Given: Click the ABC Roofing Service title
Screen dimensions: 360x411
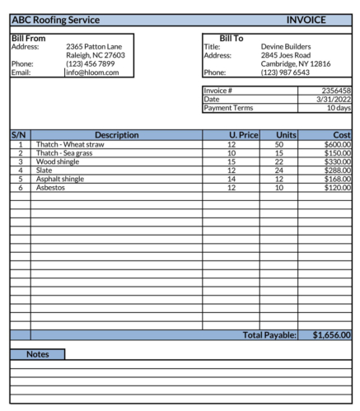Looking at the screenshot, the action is [x=55, y=20].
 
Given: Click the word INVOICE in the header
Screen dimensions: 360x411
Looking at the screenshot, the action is [x=306, y=20].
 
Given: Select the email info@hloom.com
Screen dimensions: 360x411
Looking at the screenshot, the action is [x=92, y=72].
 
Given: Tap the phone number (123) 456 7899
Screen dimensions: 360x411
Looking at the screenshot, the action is [x=92, y=64].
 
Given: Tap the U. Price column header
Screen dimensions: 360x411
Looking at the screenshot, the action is [x=244, y=135].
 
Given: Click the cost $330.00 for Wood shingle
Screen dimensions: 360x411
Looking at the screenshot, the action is [x=337, y=161].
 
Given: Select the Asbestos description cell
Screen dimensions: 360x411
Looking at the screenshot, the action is [x=49, y=187].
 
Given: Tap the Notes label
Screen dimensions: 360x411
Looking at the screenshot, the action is [x=38, y=354].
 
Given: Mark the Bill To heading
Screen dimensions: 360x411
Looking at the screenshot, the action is [x=231, y=38].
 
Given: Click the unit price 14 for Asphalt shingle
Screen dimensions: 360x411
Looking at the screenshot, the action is [x=231, y=179].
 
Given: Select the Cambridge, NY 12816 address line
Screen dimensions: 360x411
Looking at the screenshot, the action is [x=296, y=64].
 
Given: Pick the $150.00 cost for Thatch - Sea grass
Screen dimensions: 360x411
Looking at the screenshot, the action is [x=337, y=153].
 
